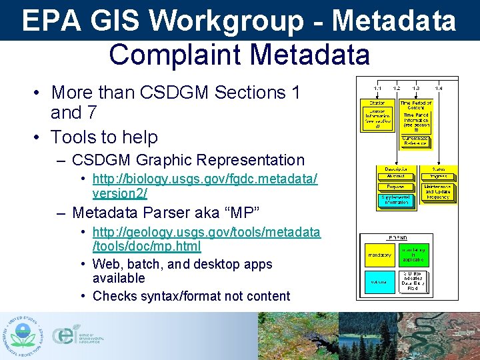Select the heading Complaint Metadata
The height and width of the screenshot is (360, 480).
coord(239,54)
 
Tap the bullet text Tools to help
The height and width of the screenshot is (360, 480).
coord(105,137)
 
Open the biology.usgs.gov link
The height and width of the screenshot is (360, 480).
coord(205,186)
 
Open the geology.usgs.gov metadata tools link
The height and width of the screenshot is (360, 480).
coord(206,239)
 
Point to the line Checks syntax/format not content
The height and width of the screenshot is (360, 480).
coord(191,296)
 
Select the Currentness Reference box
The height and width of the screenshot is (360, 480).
coord(416,141)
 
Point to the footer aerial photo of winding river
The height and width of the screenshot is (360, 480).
coord(447,336)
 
